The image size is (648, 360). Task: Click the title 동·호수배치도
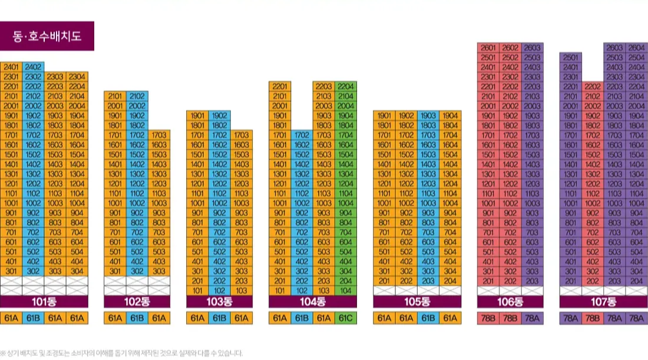(47, 36)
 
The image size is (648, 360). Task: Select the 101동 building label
(44, 302)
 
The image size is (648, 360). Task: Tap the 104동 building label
(313, 302)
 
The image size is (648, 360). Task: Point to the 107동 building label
(603, 302)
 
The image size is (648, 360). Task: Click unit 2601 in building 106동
(488, 48)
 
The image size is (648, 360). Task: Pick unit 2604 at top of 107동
(636, 48)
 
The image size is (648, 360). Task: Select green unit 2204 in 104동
(346, 87)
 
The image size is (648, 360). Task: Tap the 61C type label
(346, 319)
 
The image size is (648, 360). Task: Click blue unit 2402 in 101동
(33, 67)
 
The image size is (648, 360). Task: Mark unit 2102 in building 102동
(137, 96)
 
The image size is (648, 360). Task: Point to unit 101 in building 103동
(197, 290)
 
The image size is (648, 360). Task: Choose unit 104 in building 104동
(346, 290)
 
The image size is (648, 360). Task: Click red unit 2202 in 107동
(593, 87)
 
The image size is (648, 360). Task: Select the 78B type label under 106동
(510, 319)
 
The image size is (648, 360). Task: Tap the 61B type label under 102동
(137, 319)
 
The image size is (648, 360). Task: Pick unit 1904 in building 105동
(450, 115)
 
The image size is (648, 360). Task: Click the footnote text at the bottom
(121, 353)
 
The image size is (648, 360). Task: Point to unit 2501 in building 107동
(570, 58)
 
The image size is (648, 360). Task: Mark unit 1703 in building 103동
(242, 135)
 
